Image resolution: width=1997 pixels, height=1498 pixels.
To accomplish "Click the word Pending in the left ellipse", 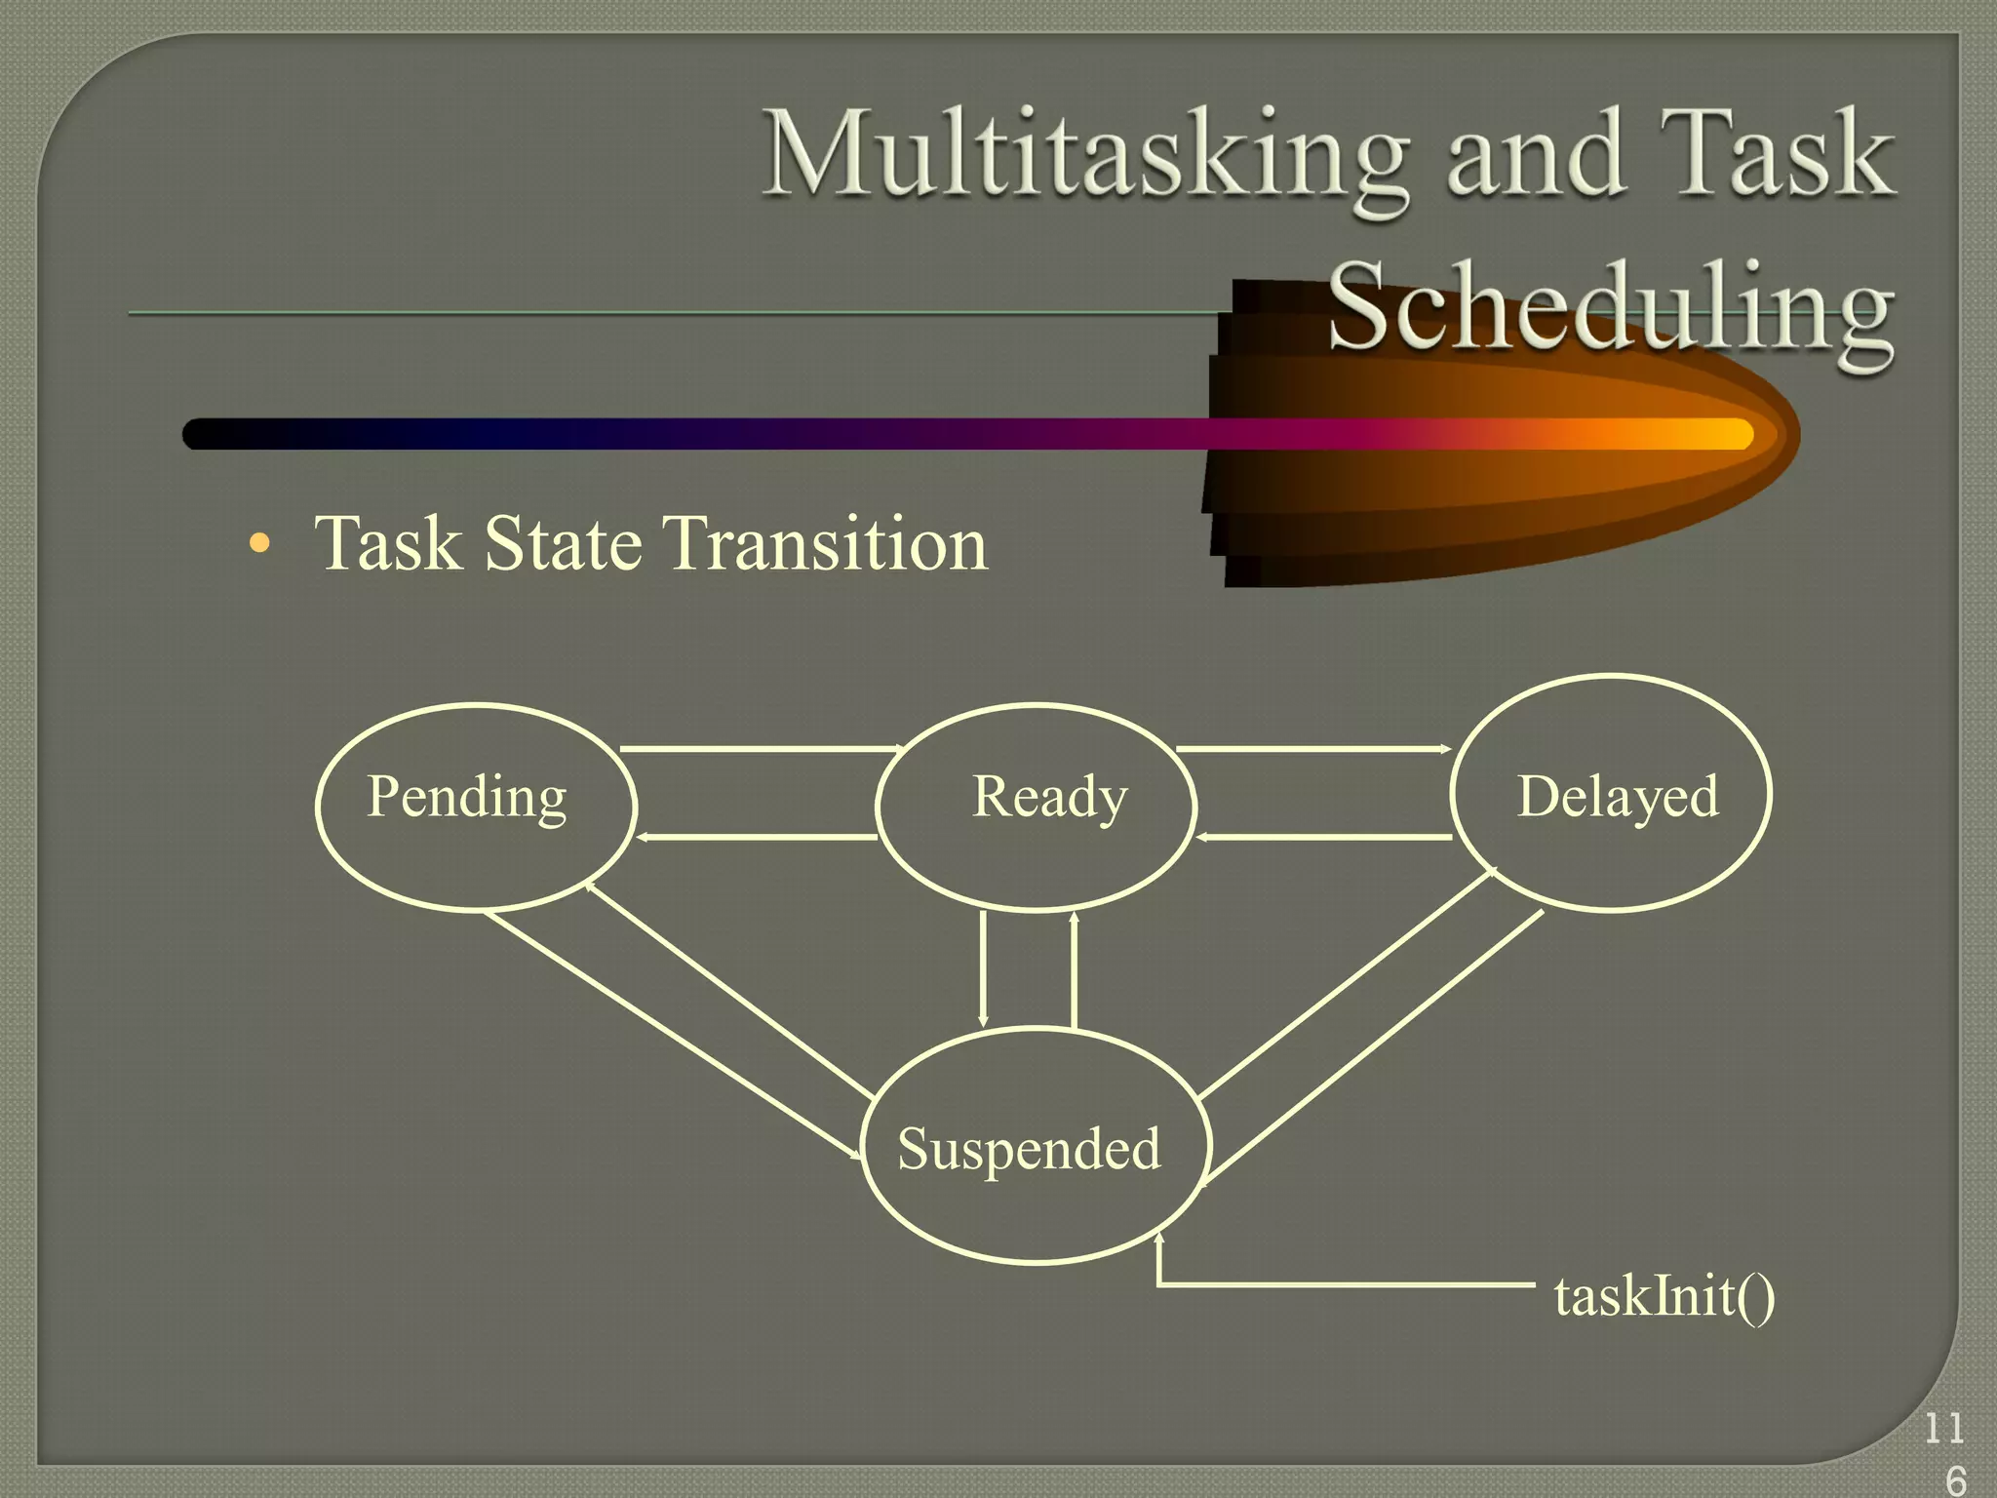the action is click(466, 798).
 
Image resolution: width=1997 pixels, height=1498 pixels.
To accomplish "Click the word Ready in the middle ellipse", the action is click(1049, 797).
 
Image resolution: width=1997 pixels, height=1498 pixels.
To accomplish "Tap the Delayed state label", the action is click(1617, 797).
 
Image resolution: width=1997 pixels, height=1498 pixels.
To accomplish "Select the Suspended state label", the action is click(1029, 1148).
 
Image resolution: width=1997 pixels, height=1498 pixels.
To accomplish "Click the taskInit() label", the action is click(1664, 1296).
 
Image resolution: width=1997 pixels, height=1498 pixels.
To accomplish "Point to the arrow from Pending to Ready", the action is click(761, 749).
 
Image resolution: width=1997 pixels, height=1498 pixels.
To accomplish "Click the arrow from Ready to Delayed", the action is click(1312, 749).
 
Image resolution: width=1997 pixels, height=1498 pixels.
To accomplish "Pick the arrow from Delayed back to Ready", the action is click(1324, 837).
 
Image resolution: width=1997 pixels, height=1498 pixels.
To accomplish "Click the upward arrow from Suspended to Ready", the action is click(1074, 969).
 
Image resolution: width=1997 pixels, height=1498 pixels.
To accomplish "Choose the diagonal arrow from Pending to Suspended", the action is click(673, 1035).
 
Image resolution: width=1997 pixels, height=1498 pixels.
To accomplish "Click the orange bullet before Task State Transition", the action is click(258, 542).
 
